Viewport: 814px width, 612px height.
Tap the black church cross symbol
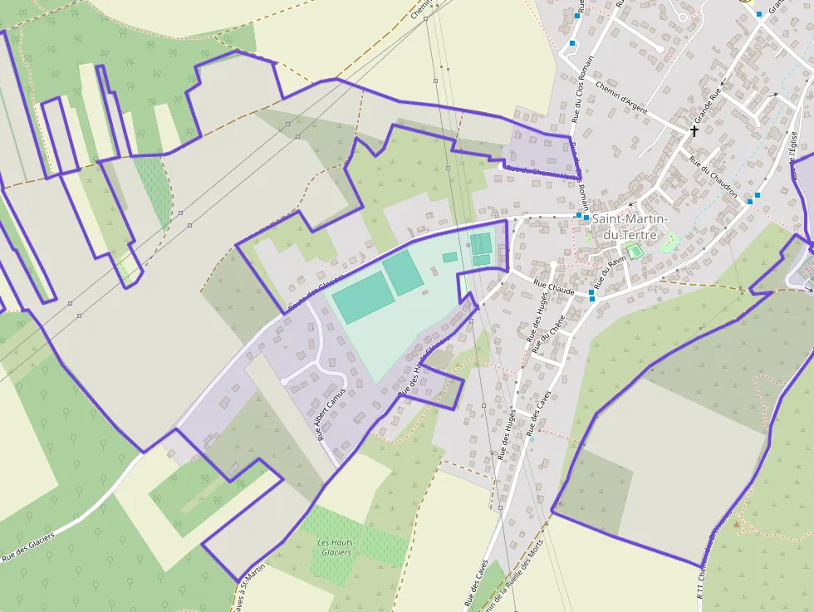point(694,130)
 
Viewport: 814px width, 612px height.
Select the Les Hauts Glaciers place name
point(336,547)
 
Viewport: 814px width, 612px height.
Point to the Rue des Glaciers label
point(28,546)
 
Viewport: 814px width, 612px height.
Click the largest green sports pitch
point(363,296)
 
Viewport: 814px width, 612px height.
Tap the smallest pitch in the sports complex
point(449,257)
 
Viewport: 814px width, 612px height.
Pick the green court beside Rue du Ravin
point(636,252)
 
